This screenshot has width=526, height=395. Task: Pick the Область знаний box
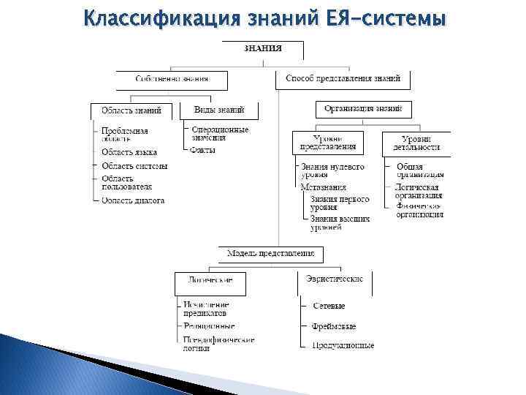131,110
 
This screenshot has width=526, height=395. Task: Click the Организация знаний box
363,109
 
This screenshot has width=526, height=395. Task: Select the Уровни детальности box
416,143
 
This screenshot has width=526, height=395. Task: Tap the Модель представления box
270,254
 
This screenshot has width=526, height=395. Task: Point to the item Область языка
129,152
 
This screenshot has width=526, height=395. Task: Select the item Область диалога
133,200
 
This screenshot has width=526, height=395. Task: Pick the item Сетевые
329,306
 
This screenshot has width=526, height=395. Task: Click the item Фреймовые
334,326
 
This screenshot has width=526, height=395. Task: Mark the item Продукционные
343,345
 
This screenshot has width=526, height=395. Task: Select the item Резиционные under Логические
210,326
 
